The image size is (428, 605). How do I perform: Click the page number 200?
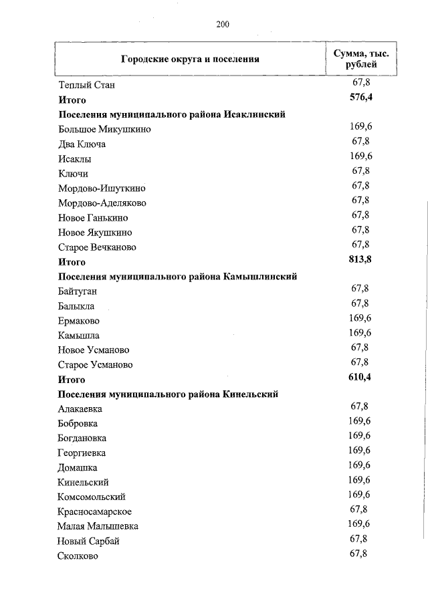pos(223,25)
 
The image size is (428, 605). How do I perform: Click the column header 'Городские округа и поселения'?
pos(190,59)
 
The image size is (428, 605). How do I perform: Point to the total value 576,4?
pos(360,98)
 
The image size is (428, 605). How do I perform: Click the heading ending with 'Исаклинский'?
pos(172,115)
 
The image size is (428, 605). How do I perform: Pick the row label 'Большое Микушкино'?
pos(104,130)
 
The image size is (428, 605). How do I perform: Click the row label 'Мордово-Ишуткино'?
pos(102,189)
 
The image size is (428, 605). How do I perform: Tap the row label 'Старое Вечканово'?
pos(97,247)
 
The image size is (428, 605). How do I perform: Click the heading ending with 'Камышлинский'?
pos(177,277)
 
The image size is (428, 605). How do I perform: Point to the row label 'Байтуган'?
pos(78,291)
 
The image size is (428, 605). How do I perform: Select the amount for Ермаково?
pos(360,318)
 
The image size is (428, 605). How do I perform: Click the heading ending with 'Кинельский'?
pos(168,394)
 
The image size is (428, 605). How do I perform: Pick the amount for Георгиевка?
pos(360,451)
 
